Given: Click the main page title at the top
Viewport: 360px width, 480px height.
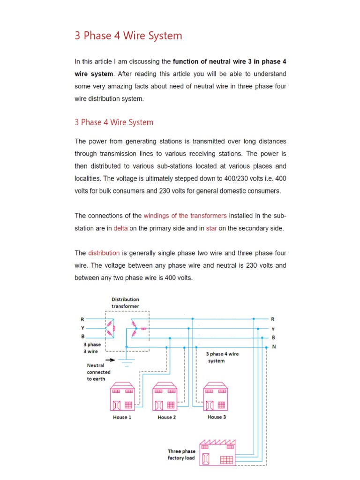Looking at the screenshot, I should (x=128, y=36).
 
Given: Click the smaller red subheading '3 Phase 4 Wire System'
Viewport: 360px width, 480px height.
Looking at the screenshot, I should (x=114, y=122).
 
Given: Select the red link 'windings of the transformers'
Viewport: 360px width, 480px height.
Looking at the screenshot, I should (x=185, y=216).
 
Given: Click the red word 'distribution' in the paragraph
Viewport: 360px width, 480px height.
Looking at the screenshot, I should (x=104, y=253).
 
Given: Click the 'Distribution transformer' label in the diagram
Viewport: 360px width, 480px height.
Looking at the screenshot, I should (x=125, y=302).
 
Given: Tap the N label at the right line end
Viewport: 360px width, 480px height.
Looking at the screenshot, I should (x=274, y=347).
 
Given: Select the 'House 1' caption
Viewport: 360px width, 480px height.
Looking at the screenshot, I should (x=122, y=417).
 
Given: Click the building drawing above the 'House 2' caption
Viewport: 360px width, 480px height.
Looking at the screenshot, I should (x=165, y=397).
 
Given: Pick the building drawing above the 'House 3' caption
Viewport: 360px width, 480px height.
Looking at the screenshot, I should (x=215, y=396).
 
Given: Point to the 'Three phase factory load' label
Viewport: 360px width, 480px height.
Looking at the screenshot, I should (x=181, y=454).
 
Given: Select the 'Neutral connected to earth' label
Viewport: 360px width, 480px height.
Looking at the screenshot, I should (x=98, y=372).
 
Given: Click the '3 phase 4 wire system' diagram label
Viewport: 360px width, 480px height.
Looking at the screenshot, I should (x=222, y=357).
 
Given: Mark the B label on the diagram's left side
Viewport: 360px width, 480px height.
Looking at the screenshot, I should (x=82, y=337).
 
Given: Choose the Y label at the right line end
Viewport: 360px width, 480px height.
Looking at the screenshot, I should (x=273, y=329).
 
